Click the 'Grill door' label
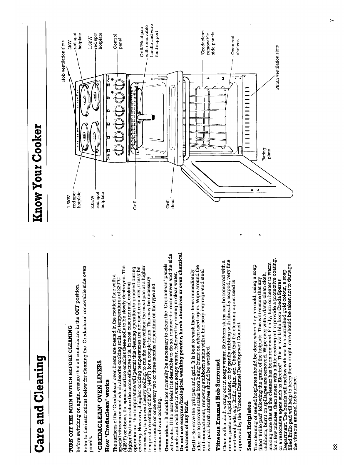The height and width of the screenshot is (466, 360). pos(170,203)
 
